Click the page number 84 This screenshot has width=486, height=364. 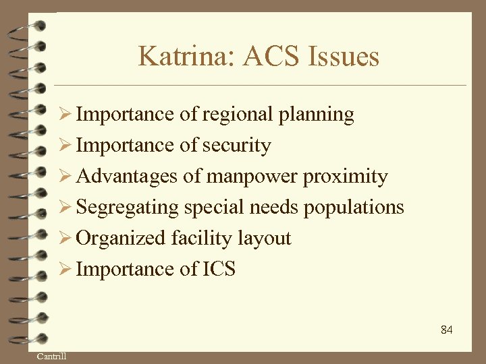[446, 330]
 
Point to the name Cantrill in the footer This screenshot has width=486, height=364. [51, 356]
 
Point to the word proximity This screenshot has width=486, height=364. [346, 177]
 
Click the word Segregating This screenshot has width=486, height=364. [127, 208]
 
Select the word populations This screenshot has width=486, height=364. [354, 208]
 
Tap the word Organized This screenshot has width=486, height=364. [121, 239]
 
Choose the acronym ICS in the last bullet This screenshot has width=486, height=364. [219, 270]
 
